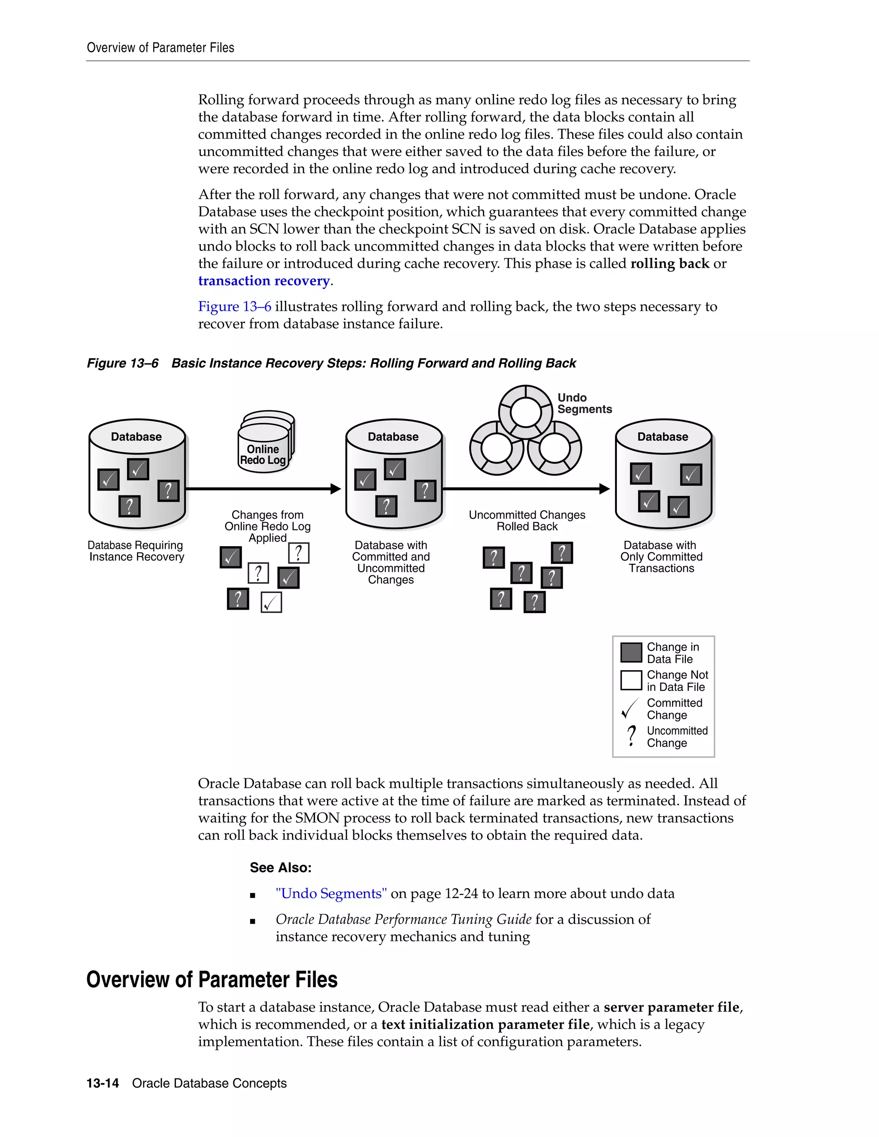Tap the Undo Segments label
pos(584,403)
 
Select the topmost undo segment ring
pos(525,412)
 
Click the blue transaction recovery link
pos(264,281)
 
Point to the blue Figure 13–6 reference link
pos(234,307)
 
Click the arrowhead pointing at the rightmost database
pos(605,488)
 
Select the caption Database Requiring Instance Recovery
pos(136,551)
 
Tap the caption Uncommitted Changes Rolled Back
pos(527,520)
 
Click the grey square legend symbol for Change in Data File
pos(630,652)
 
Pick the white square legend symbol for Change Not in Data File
pos(630,680)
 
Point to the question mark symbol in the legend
pos(631,735)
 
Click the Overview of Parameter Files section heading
pos(212,979)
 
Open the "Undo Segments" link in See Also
pos(331,894)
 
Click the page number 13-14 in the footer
pos(103,1083)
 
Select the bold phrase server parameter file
pos(671,1007)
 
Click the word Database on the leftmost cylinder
pos(136,437)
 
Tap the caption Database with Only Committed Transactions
pos(661,556)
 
